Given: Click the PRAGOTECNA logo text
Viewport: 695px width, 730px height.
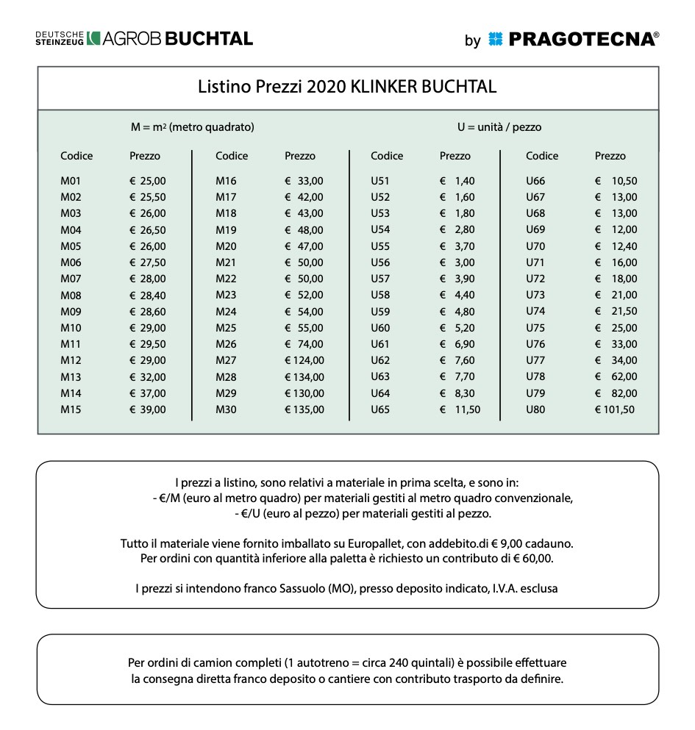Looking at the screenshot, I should [582, 40].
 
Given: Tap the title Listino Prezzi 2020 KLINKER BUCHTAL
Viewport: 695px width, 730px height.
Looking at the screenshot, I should [347, 87].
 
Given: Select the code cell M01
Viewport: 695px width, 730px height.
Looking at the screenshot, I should [71, 181].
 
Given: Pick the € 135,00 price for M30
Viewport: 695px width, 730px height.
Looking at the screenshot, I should [304, 409].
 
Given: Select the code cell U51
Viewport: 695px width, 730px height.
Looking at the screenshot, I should [380, 181].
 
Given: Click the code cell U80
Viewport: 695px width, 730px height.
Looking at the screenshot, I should [535, 409].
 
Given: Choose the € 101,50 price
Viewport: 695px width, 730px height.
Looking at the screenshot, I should [615, 409].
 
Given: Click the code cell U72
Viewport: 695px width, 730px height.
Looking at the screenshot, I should [535, 279].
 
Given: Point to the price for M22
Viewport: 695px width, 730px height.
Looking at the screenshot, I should [304, 279].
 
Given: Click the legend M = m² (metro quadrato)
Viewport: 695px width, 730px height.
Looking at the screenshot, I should [193, 127].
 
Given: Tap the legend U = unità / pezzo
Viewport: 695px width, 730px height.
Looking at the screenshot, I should [499, 127].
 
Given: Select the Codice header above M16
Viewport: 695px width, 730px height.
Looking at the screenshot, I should [232, 156].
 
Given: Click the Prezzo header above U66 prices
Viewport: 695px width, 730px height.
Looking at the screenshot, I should [610, 156].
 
